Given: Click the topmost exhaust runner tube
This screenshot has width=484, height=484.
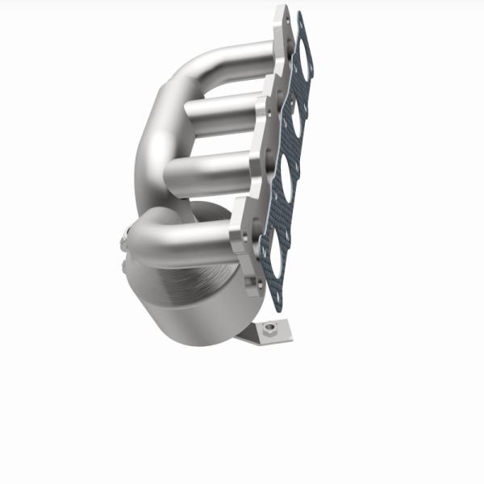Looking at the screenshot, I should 234,58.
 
